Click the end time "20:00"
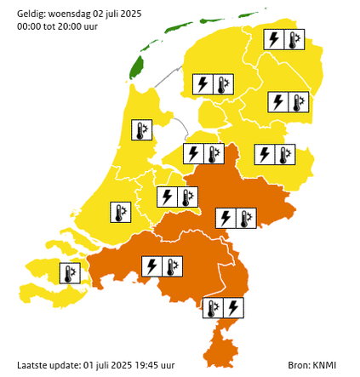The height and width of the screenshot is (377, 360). pos(77,27)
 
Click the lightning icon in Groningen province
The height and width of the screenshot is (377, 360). pos(273,40)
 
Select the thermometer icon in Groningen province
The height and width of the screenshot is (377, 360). pos(294,40)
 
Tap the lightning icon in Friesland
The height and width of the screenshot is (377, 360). pos(203,84)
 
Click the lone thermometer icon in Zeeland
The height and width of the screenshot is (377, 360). pos(69,273)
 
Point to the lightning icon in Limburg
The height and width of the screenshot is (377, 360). pos(233,308)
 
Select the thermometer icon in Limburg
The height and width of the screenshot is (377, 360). pos(213,308)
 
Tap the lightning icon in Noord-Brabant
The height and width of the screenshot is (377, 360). pos(151,267)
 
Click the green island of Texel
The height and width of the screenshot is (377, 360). pos(135,66)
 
